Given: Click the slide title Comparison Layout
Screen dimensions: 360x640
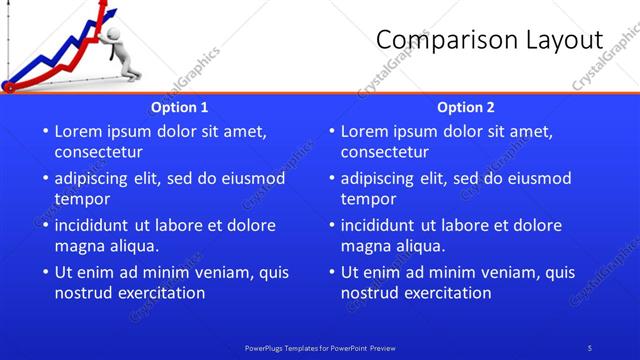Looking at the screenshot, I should click(x=489, y=40).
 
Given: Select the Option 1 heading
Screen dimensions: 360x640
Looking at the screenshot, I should click(x=180, y=107).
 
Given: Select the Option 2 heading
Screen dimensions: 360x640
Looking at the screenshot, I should click(x=466, y=107).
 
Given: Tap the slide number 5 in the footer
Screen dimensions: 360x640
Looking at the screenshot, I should click(x=590, y=347).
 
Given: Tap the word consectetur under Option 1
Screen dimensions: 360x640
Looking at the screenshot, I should click(x=98, y=152).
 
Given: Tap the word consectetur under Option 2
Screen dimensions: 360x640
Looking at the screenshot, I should click(x=384, y=152).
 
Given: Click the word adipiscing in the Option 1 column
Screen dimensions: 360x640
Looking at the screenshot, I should click(x=93, y=179).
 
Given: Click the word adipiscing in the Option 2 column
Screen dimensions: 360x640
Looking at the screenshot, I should click(x=379, y=179).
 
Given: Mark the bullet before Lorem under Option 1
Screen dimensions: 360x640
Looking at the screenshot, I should click(x=43, y=132).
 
